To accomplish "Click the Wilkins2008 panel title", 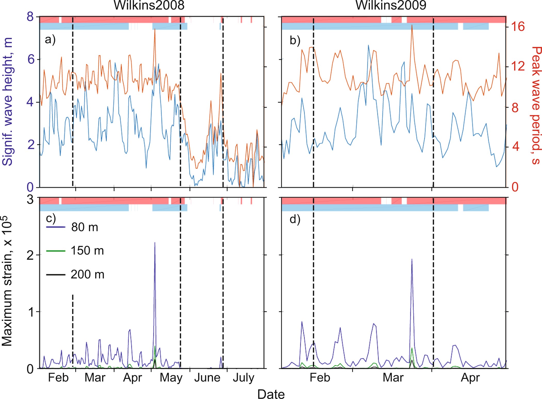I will coord(149,5).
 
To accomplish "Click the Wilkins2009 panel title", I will coord(391,5).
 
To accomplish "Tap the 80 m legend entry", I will coord(85,227).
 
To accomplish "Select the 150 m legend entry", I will coord(87,251).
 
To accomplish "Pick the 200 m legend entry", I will coord(87,274).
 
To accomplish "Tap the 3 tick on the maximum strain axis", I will coord(30,199).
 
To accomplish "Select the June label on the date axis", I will coord(207,378).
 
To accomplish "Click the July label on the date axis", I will coord(243,378).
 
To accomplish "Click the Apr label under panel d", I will coord(470,378).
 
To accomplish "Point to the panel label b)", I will coord(295,40).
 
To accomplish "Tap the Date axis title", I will coord(271,394).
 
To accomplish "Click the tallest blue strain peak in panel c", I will coord(155,243).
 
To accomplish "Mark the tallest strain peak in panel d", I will coord(412,259).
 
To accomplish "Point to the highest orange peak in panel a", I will coord(155,29).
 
